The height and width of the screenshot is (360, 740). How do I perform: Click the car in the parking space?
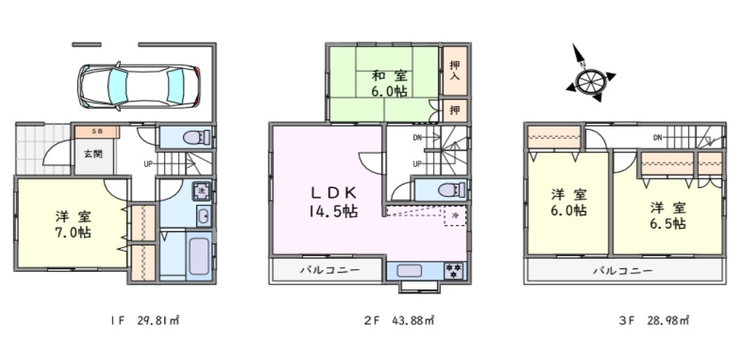tap(139, 87)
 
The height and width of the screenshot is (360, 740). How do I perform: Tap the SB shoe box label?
tap(96, 131)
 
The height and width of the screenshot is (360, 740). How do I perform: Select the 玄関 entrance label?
tap(94, 154)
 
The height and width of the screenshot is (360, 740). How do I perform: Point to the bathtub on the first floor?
tap(199, 257)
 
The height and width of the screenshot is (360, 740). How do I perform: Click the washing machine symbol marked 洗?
tap(201, 191)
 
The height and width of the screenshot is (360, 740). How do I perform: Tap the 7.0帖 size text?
tap(73, 233)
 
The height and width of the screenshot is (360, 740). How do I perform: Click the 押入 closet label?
tap(454, 70)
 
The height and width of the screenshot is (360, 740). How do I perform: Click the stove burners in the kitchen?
tap(454, 271)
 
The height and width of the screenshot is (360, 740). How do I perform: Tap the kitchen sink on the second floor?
tap(408, 271)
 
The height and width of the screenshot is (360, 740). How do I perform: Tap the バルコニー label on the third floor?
tap(623, 271)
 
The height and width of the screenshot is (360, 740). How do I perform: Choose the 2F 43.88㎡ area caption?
tap(399, 321)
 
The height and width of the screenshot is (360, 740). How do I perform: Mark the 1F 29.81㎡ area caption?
tap(144, 321)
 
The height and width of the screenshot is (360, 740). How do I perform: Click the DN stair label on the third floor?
tap(658, 138)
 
